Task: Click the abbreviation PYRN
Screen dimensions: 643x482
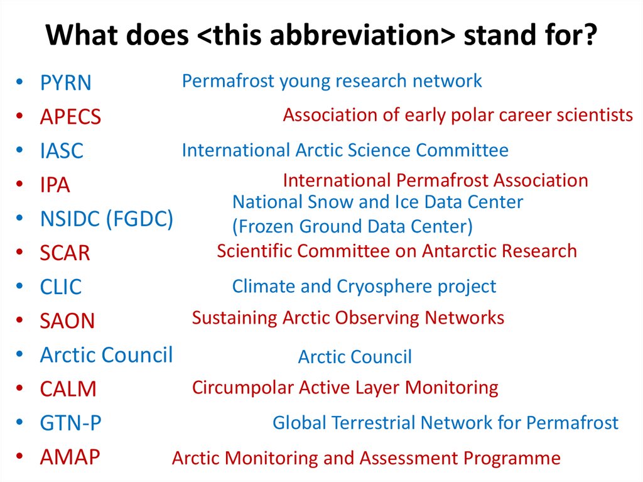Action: pyautogui.click(x=65, y=82)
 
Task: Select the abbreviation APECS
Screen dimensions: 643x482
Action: pyautogui.click(x=70, y=117)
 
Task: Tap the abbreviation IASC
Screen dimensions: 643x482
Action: pyautogui.click(x=62, y=151)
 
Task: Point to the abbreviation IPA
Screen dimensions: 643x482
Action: pyautogui.click(x=55, y=185)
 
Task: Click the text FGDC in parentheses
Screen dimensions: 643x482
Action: pyautogui.click(x=140, y=219)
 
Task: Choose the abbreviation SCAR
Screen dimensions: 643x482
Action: pyautogui.click(x=65, y=253)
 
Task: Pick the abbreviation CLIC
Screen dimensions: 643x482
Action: pyautogui.click(x=61, y=287)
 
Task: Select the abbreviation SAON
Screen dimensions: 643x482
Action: pyautogui.click(x=67, y=321)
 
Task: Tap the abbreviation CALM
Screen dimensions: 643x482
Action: pyautogui.click(x=68, y=389)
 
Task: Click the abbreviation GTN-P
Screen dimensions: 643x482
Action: pyautogui.click(x=70, y=424)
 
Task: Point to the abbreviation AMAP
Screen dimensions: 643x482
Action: pyautogui.click(x=70, y=457)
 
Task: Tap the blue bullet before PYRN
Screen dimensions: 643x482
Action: pyautogui.click(x=19, y=81)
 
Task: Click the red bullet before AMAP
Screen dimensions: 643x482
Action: pyautogui.click(x=19, y=456)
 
